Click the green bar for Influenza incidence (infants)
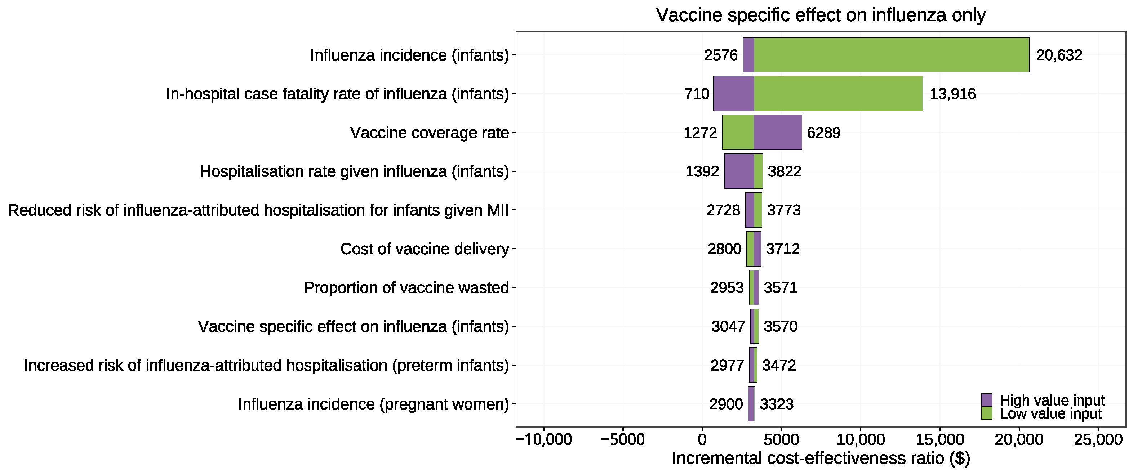[891, 55]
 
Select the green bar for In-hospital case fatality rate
[838, 94]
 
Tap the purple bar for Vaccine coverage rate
[778, 132]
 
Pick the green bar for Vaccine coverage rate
[738, 132]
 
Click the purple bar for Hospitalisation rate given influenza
[738, 171]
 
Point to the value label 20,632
[1059, 55]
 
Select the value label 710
[697, 94]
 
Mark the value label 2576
[720, 55]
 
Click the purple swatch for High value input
[987, 400]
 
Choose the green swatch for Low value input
[987, 413]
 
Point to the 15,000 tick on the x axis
[939, 440]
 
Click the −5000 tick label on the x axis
[622, 440]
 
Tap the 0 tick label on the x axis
[702, 440]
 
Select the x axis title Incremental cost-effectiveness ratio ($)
[821, 458]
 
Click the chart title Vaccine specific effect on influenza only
[821, 15]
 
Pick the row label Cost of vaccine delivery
[425, 249]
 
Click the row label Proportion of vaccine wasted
[406, 287]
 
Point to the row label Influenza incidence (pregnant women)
[373, 404]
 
